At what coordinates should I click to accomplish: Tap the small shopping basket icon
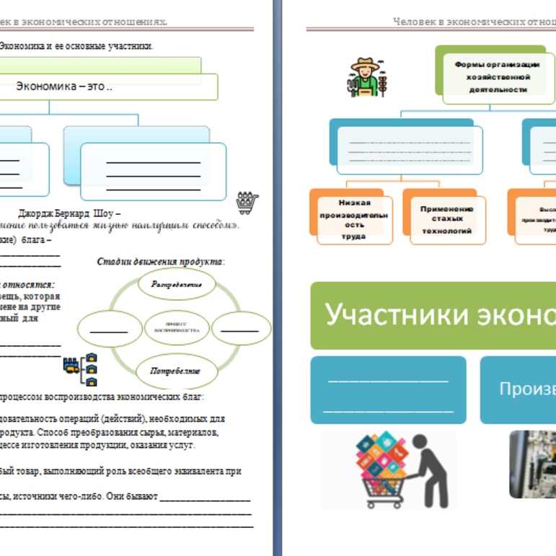tap(247, 203)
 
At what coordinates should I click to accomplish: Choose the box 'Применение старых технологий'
tap(446, 219)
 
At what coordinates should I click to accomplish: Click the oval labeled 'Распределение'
tap(176, 284)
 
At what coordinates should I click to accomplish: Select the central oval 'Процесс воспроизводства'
tap(177, 328)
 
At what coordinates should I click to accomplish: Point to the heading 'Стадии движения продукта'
tap(160, 261)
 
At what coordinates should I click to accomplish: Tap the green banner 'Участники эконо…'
tap(433, 316)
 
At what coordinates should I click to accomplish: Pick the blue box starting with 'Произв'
tap(518, 389)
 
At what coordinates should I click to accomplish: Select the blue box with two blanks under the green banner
tap(389, 389)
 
